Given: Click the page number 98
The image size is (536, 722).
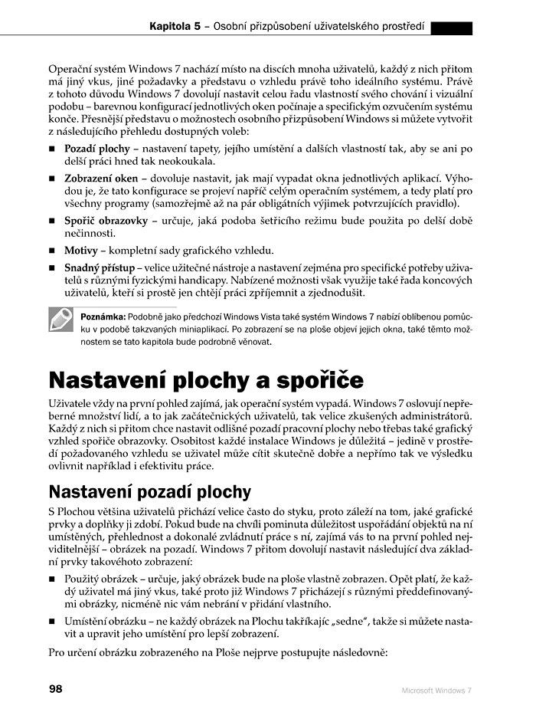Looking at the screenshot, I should point(55,689).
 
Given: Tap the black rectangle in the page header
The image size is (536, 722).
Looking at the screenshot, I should point(451,28).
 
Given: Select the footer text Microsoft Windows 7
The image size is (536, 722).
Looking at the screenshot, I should point(437,691).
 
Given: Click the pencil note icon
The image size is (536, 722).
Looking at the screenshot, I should point(60,321).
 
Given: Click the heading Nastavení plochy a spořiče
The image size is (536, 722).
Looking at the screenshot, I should point(206,380).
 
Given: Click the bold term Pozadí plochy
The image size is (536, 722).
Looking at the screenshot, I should point(96,146).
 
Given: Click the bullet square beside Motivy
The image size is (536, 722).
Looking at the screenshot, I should point(52,251).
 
